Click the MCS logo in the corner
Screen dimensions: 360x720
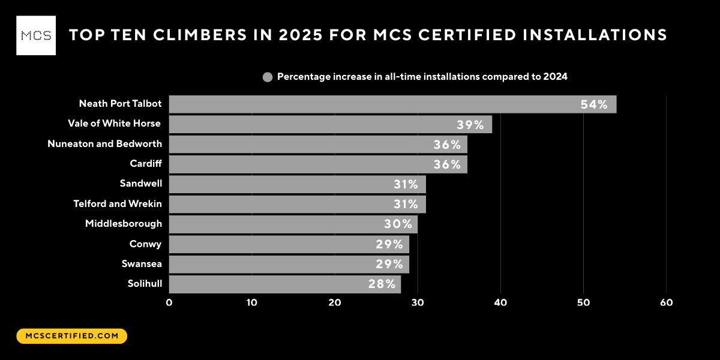coord(36,35)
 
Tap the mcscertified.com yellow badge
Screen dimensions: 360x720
coord(72,336)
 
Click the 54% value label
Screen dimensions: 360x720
coord(594,104)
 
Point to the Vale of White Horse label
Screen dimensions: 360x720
coord(114,124)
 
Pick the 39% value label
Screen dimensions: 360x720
coord(470,125)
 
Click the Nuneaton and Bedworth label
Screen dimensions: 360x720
coord(104,144)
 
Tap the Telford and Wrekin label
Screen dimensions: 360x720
coord(118,204)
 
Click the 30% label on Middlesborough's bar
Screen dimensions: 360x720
coord(398,224)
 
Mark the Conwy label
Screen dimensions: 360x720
coord(146,244)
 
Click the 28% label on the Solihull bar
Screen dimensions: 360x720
coord(382,284)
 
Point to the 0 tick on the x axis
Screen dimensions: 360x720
coord(169,303)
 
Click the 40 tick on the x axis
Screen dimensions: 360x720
coord(500,303)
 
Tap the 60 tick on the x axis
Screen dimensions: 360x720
coord(666,303)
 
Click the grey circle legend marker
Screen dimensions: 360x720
coord(268,77)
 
